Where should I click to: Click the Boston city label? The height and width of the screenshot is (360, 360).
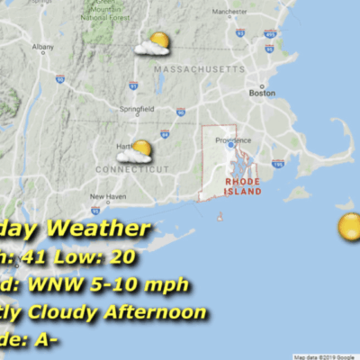261,92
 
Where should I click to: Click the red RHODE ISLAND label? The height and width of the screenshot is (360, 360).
243,185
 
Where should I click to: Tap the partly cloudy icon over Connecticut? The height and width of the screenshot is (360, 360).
135,152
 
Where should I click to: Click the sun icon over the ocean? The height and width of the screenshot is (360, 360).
350,226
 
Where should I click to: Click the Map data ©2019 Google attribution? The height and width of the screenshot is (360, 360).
325,356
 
